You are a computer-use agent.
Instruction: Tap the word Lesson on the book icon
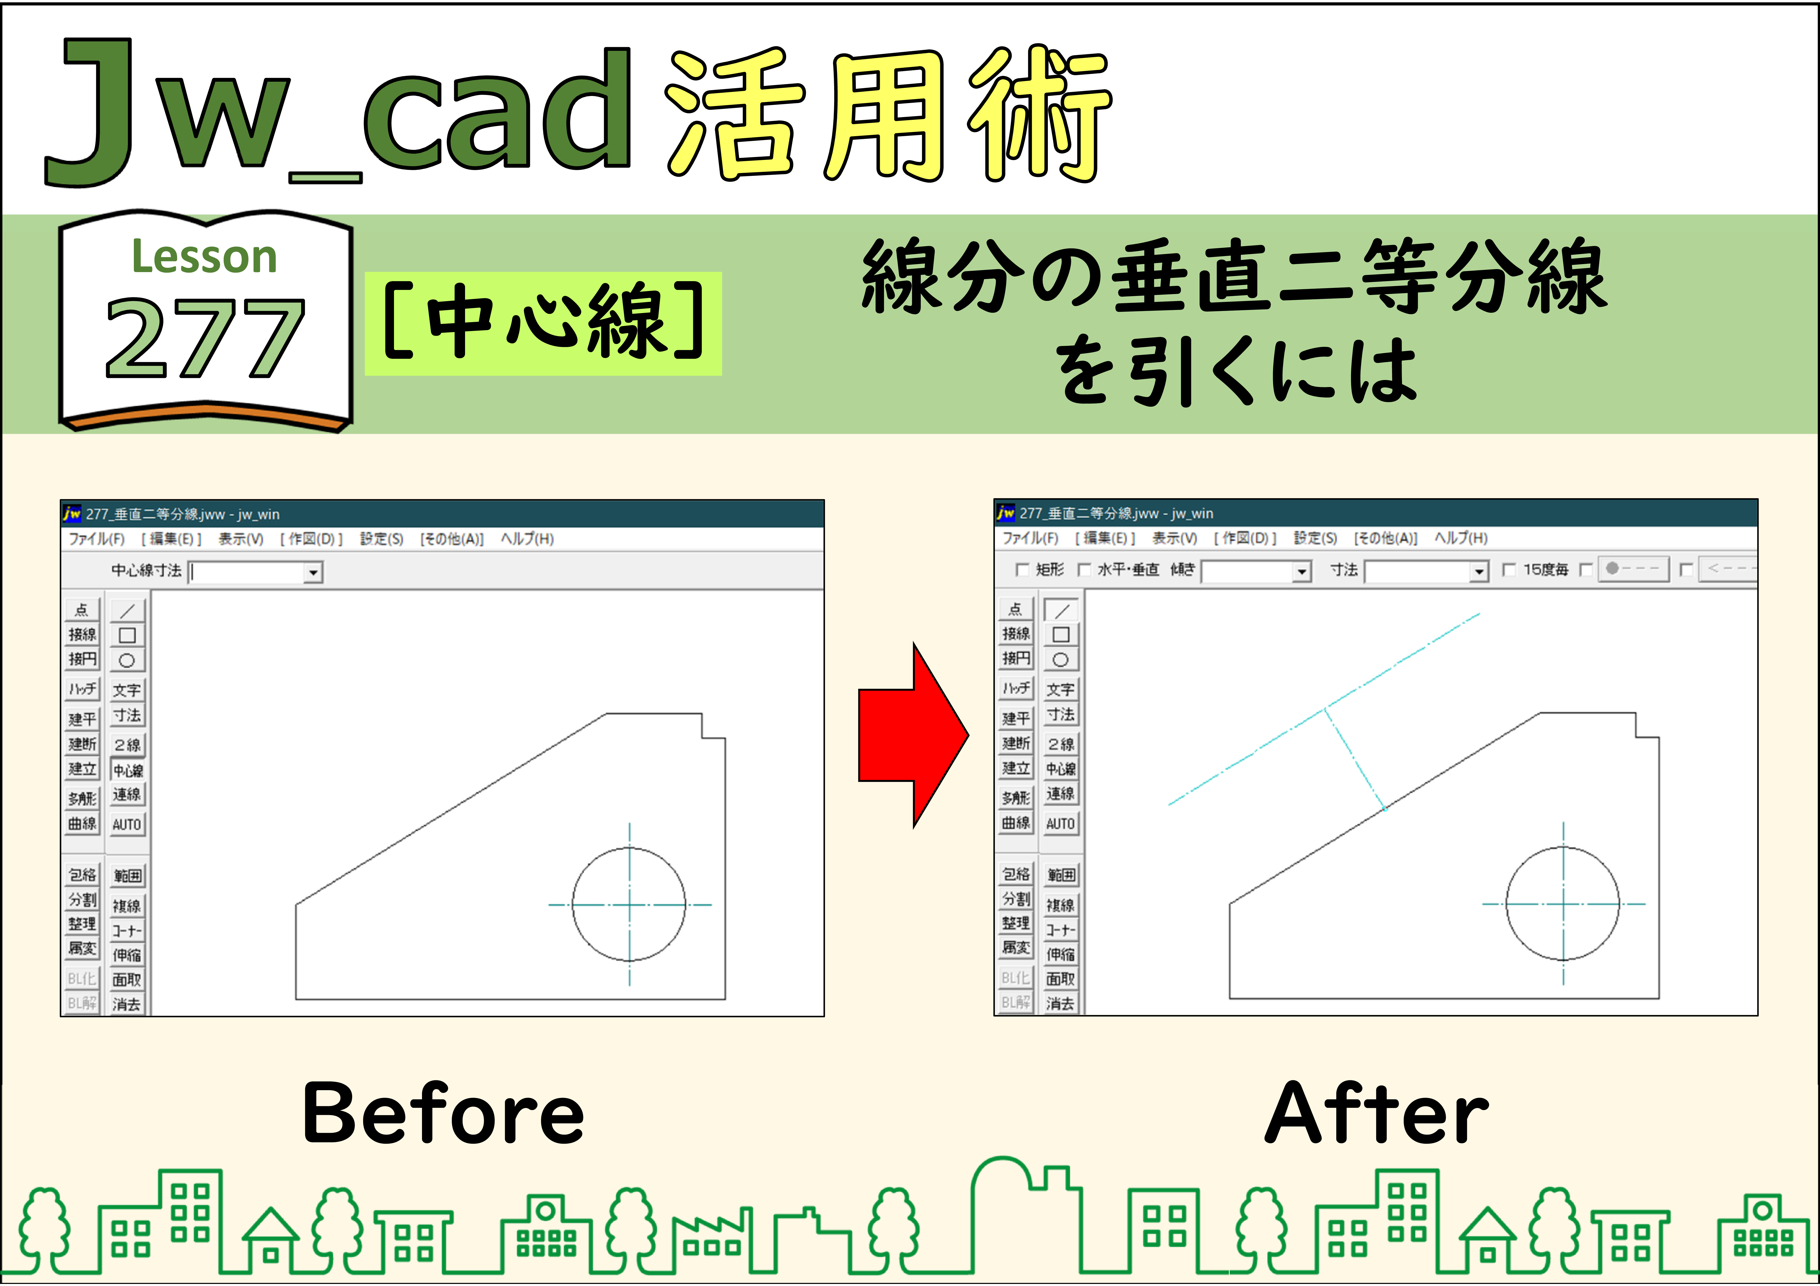pos(204,257)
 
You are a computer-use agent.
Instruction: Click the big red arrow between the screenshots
pos(912,735)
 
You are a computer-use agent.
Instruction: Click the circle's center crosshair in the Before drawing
pos(629,904)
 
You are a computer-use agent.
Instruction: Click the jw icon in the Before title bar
pos(72,514)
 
